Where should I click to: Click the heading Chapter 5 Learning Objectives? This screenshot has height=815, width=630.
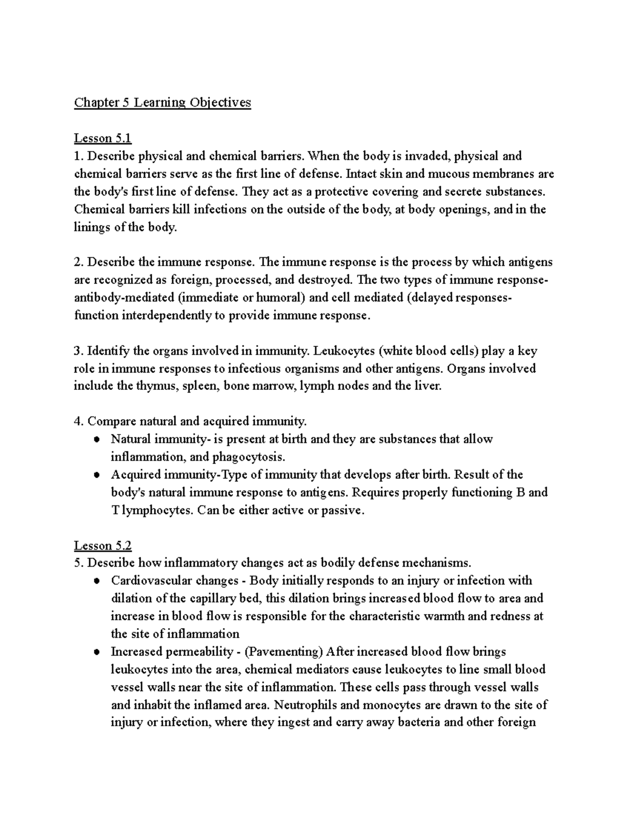pyautogui.click(x=162, y=102)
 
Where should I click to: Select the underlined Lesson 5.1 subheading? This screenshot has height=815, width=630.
pyautogui.click(x=102, y=138)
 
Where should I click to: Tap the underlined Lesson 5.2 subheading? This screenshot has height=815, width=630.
pyautogui.click(x=102, y=545)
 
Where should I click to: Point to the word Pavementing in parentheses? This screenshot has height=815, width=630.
pyautogui.click(x=284, y=652)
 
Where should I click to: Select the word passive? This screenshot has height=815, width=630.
pyautogui.click(x=342, y=510)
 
